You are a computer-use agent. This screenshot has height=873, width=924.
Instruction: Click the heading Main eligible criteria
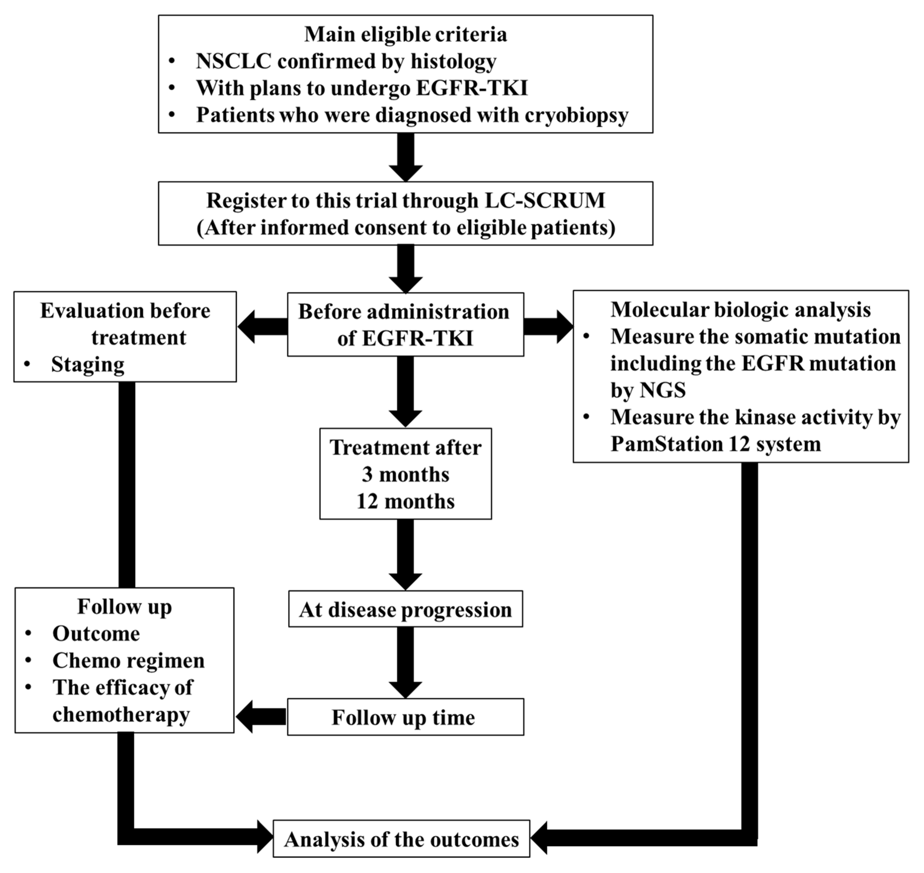(405, 34)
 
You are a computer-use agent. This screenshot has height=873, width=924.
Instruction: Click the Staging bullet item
(88, 364)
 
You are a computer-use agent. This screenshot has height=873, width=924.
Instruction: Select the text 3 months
(405, 475)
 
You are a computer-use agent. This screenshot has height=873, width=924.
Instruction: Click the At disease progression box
(405, 609)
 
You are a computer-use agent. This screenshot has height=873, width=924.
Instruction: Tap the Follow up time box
(405, 717)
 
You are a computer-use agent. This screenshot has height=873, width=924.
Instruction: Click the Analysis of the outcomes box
(401, 840)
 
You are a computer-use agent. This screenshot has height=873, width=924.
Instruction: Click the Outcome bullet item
(96, 633)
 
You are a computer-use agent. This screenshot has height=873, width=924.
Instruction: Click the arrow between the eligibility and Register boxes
(405, 157)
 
